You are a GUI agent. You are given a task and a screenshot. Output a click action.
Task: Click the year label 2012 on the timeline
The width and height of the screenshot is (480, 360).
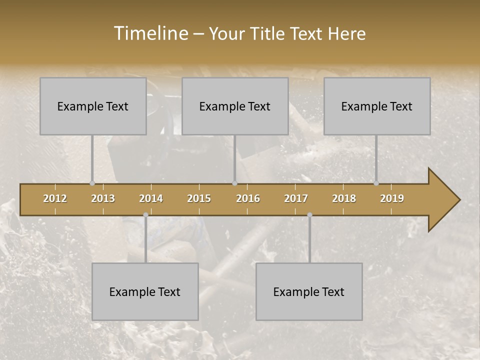pyautogui.click(x=55, y=198)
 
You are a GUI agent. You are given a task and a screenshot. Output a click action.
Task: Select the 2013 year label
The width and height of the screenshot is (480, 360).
pyautogui.click(x=103, y=198)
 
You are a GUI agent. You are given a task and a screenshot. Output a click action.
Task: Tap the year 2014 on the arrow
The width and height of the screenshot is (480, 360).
pyautogui.click(x=151, y=198)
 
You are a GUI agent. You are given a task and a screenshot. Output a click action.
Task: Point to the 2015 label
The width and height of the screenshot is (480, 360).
pyautogui.click(x=199, y=198)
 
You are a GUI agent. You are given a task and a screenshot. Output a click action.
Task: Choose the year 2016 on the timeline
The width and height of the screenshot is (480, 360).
pyautogui.click(x=248, y=198)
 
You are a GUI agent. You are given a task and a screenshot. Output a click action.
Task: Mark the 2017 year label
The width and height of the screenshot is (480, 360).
pyautogui.click(x=296, y=198)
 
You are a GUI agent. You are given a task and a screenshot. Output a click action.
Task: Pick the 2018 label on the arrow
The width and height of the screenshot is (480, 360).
pyautogui.click(x=344, y=198)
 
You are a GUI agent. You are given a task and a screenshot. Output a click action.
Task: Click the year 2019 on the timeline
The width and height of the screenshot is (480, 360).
pyautogui.click(x=392, y=198)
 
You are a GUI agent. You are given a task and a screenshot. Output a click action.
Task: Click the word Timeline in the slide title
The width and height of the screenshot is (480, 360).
pyautogui.click(x=150, y=33)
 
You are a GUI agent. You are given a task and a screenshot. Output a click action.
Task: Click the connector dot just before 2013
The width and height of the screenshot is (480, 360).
pyautogui.click(x=92, y=183)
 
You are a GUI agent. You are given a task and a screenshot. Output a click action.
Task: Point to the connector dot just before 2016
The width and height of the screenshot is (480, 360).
pyautogui.click(x=234, y=183)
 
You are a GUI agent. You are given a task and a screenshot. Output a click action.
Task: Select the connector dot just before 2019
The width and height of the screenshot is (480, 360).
pyautogui.click(x=376, y=183)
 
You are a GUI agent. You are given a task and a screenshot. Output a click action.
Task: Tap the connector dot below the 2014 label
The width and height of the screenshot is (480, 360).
pyautogui.click(x=145, y=215)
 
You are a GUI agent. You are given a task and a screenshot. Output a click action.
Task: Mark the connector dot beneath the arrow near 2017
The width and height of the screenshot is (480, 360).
pyautogui.click(x=309, y=215)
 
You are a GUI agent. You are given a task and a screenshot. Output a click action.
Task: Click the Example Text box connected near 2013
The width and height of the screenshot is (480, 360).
pyautogui.click(x=93, y=106)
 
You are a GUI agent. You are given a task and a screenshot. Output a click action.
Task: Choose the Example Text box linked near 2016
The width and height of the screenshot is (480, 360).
pyautogui.click(x=235, y=106)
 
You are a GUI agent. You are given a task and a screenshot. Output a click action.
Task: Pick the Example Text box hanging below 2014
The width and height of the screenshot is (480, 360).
pyautogui.click(x=145, y=291)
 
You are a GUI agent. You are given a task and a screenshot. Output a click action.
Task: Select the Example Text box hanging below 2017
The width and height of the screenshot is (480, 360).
pyautogui.click(x=309, y=291)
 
